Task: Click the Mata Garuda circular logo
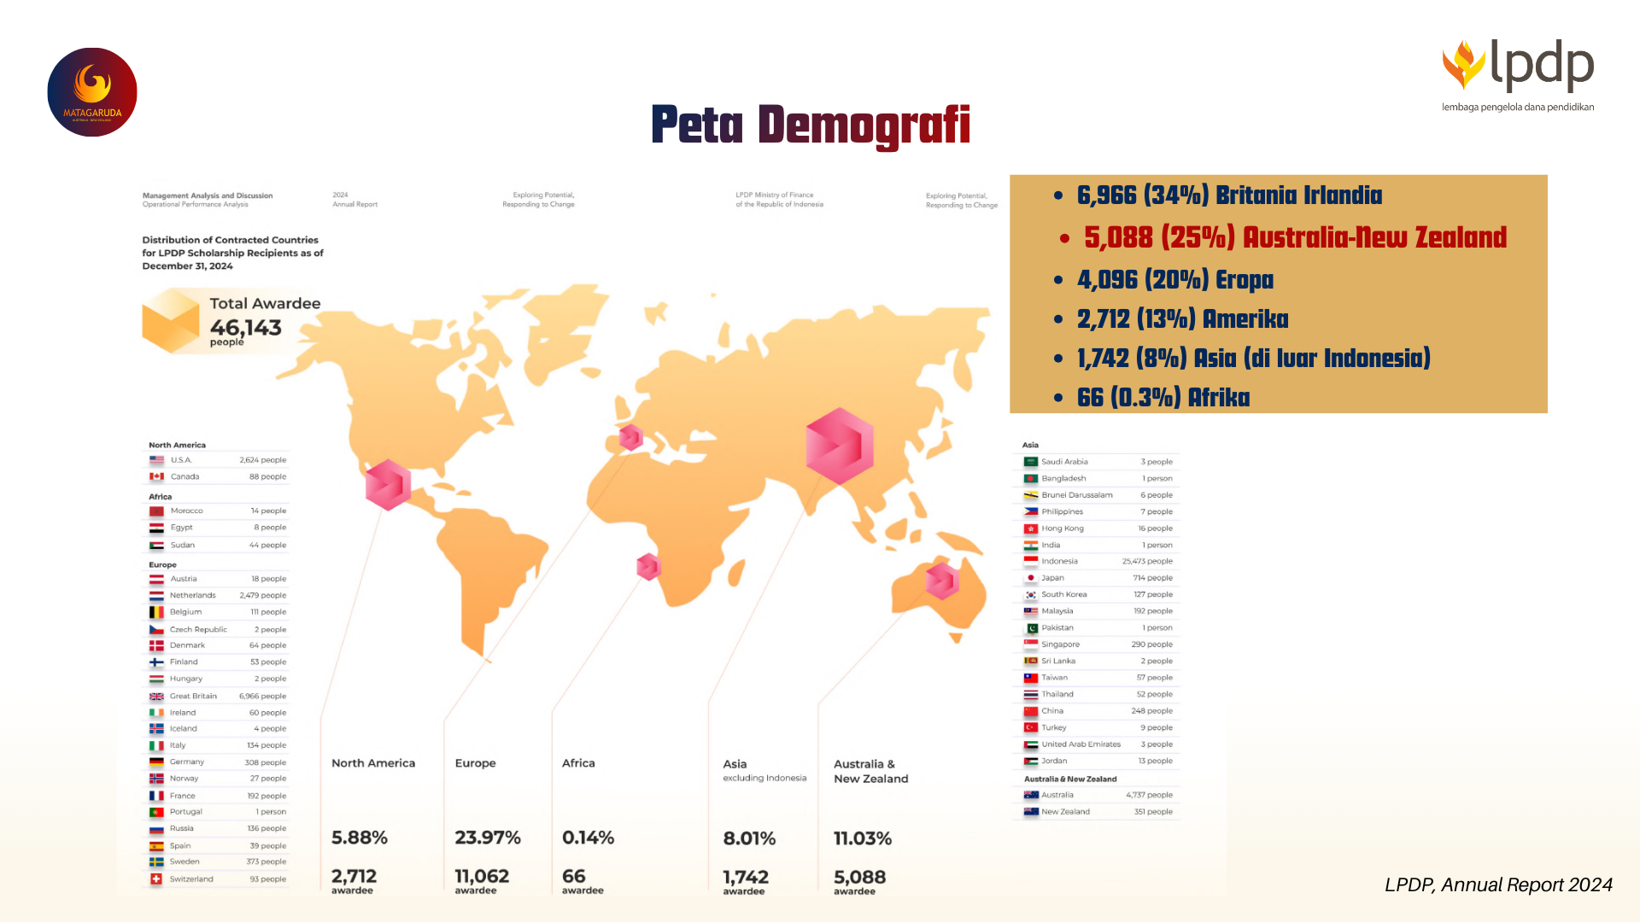[x=92, y=92]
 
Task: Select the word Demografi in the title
[x=864, y=125]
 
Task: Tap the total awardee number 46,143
[x=246, y=328]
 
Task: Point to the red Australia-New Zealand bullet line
[x=1294, y=237]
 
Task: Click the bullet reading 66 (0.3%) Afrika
[x=1163, y=398]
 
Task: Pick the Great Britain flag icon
[x=156, y=697]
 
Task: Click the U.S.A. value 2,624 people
[x=262, y=460]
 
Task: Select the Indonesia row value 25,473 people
[x=1147, y=562]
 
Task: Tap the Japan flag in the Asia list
[x=1031, y=578]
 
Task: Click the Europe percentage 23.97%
[x=488, y=838]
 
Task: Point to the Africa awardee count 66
[x=574, y=877]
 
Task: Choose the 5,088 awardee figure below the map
[x=859, y=878]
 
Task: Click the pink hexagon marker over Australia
[x=942, y=581]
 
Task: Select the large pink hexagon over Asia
[x=840, y=446]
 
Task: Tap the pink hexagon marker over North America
[x=388, y=485]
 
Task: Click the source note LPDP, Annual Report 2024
[x=1498, y=885]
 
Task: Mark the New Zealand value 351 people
[x=1153, y=812]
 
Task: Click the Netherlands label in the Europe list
[x=192, y=596]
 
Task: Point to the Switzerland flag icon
[x=156, y=879]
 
